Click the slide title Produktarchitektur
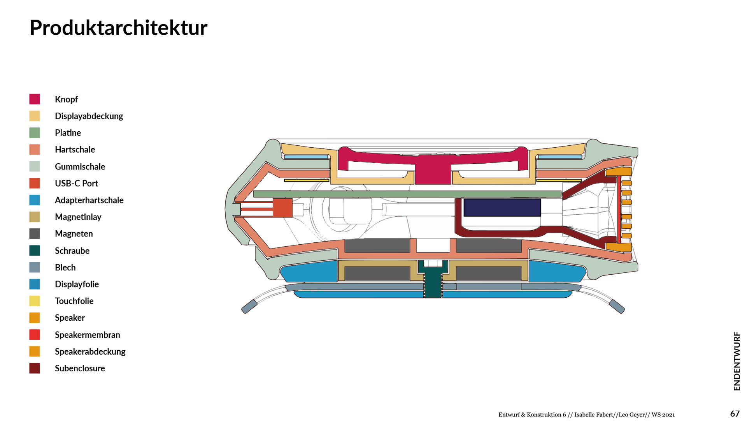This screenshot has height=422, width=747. pos(118,28)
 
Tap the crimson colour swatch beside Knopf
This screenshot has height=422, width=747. pos(35,99)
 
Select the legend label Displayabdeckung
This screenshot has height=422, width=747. pos(89,116)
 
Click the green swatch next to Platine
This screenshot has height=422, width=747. pos(35,133)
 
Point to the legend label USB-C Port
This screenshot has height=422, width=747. pos(76,184)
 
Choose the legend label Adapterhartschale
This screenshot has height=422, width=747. pos(89,200)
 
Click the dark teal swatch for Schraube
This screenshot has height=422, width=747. pos(35,251)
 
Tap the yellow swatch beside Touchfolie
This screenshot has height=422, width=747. pos(35,301)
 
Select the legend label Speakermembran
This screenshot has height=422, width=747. pos(87,335)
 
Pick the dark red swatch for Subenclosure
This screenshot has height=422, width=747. pos(35,369)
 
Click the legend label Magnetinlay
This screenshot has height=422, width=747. pos(78,217)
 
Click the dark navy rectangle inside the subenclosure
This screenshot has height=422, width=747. pos(502,208)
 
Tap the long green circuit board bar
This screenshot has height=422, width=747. pos(407,194)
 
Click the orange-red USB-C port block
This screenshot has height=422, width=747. pos(282,208)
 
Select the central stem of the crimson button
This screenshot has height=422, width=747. pos(433,174)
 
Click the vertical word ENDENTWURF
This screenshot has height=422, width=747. pos(736,361)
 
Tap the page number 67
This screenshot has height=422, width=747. pos(735,413)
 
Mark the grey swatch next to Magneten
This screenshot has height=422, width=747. pos(35,234)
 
